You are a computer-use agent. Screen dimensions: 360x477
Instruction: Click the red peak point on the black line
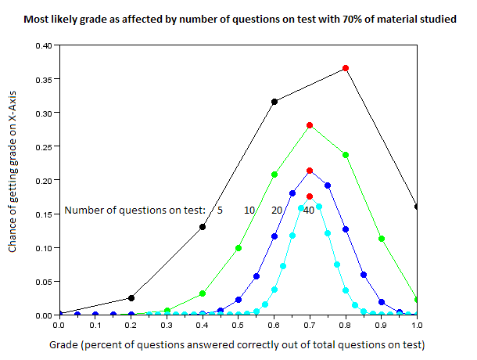tap(346, 68)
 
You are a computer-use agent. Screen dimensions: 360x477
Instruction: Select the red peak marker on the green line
tap(310, 125)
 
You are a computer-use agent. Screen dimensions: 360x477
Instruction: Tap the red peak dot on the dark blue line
tap(310, 171)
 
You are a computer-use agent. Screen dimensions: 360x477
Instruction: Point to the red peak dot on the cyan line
tap(310, 196)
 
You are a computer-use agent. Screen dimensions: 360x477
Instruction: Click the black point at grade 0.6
tap(274, 102)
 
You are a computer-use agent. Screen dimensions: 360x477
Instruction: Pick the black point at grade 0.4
tap(203, 227)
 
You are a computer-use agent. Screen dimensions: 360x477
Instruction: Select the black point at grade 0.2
tap(131, 297)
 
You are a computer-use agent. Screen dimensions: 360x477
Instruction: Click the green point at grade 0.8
tap(346, 155)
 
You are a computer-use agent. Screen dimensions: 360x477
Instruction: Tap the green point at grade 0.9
tap(382, 239)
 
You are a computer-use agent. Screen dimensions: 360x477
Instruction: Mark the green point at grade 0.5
tap(238, 248)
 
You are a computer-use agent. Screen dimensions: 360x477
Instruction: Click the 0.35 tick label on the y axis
tap(42, 79)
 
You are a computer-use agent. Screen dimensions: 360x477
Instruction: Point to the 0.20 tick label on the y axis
tap(42, 180)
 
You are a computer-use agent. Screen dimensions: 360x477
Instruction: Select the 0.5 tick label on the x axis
tap(238, 325)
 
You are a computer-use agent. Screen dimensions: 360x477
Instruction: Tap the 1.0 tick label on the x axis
tap(418, 325)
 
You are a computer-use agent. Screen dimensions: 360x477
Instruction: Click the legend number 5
tap(220, 210)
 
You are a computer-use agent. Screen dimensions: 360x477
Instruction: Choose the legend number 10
tap(249, 210)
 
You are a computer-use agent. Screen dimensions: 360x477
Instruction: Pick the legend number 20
tap(277, 210)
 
